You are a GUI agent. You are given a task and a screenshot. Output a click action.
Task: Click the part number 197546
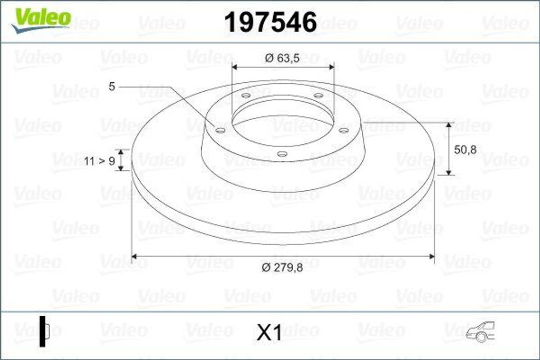[x=271, y=22]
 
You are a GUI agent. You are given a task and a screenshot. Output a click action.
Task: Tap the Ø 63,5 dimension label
[x=282, y=59]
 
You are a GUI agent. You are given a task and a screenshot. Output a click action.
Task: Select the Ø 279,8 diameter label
[x=282, y=268]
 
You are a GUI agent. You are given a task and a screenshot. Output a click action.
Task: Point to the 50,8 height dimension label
[x=465, y=150]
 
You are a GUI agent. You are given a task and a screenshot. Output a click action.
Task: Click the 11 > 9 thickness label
[x=99, y=161]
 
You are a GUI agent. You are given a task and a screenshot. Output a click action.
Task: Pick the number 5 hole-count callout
[x=112, y=86]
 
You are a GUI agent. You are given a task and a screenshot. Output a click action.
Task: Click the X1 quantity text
[x=269, y=333]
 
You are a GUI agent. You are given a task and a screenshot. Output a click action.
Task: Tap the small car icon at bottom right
[x=480, y=332]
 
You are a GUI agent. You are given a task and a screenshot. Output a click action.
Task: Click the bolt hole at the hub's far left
[x=220, y=130]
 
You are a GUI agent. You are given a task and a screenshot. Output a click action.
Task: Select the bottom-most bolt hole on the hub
[x=282, y=154]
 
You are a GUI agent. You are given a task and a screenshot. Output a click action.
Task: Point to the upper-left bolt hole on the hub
[x=246, y=95]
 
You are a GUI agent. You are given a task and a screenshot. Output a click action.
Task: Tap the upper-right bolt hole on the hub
[x=318, y=95]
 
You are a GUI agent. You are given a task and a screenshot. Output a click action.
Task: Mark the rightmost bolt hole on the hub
[x=343, y=130]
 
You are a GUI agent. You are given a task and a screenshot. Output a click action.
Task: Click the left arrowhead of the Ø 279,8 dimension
[x=134, y=256]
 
